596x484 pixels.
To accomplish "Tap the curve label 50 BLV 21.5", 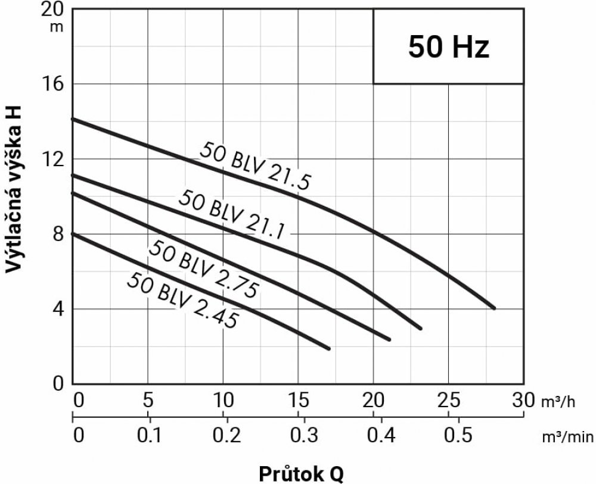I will [x=255, y=165].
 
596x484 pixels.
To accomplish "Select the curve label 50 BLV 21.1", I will [x=234, y=213].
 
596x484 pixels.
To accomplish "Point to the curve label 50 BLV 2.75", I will [x=204, y=266].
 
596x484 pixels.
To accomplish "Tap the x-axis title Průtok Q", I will [x=301, y=473].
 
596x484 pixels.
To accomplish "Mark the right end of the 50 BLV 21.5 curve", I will [x=494, y=308].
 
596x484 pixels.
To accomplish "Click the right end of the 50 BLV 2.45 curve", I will [x=328, y=348].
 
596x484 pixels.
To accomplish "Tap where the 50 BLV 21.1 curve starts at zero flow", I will [x=73, y=175].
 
